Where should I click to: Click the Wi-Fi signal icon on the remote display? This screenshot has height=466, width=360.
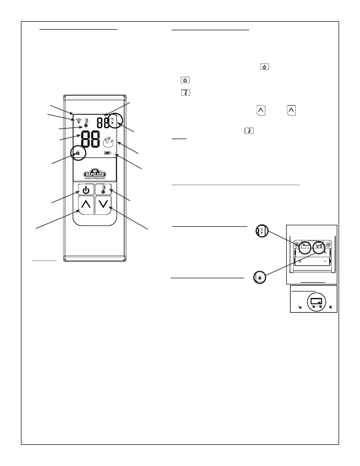[79, 120]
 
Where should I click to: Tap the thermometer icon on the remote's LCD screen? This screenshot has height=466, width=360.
[86, 123]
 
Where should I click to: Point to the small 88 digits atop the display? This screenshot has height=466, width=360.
[103, 122]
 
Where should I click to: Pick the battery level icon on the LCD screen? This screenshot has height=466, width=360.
[107, 153]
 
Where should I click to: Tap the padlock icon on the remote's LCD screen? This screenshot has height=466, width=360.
[78, 153]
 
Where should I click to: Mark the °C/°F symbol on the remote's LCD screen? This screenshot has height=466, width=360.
[113, 121]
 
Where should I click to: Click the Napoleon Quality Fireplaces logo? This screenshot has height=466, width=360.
[94, 174]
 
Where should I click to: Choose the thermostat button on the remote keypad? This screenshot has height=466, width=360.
[103, 189]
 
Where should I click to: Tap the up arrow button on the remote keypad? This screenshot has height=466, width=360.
[86, 205]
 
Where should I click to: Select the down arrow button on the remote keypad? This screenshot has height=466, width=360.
[104, 205]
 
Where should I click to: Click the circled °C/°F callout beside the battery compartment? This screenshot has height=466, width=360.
[261, 231]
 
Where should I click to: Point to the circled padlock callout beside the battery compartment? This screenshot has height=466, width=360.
[260, 277]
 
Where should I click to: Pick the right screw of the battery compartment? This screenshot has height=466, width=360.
[328, 244]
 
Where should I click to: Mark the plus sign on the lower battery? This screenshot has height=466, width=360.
[300, 261]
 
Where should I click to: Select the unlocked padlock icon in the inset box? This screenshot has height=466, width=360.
[299, 307]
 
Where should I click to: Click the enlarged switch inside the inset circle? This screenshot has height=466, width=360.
[316, 301]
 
